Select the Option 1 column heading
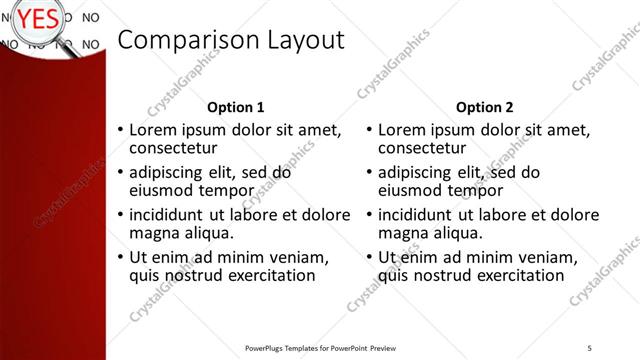pos(236,107)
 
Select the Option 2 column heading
pos(484,107)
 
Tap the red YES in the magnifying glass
pos(38,18)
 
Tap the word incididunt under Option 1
pos(171,215)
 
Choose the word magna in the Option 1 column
pos(155,233)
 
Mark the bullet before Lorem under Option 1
pos(121,131)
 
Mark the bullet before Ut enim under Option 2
pos(369,257)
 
